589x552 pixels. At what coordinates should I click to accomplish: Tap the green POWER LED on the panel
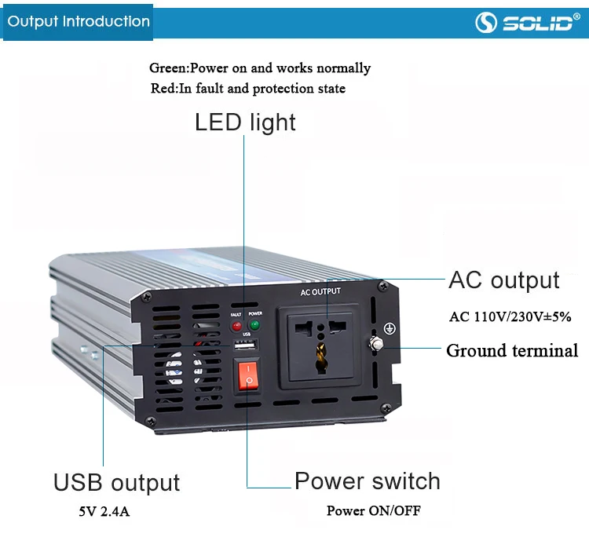pos(254,325)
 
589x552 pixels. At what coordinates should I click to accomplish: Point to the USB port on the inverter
pos(246,347)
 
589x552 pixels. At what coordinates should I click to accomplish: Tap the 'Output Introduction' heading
pos(79,21)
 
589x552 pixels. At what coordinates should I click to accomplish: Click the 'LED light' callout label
pos(245,122)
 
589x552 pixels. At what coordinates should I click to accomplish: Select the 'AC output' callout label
pos(503,280)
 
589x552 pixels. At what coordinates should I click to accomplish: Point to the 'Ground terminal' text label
pos(512,350)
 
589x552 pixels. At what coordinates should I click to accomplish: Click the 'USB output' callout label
pos(116,482)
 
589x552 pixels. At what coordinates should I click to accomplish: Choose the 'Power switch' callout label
pos(368,481)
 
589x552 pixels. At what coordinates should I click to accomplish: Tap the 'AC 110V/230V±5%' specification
pos(510,317)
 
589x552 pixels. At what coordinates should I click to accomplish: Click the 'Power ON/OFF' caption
pos(373,510)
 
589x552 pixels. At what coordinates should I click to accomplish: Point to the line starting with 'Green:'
pos(260,68)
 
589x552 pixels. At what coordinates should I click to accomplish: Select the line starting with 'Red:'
pos(247,89)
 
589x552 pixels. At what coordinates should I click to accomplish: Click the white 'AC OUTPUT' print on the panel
pos(320,292)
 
